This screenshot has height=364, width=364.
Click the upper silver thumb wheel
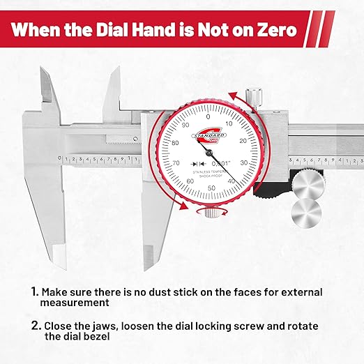[x=308, y=185]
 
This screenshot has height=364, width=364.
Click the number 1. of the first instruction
[x=33, y=291]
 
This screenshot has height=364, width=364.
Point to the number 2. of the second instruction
[x=34, y=326]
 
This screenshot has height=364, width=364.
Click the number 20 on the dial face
[x=243, y=140]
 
